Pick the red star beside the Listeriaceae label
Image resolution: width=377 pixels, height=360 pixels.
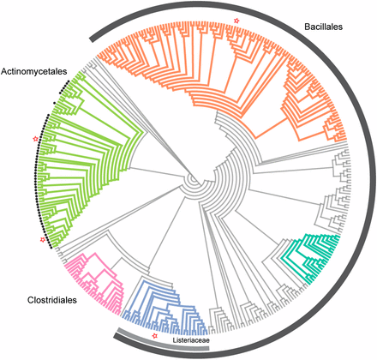click(x=155, y=337)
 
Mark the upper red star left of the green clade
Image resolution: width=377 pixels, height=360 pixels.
click(x=34, y=139)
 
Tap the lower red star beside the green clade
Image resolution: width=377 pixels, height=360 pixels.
click(x=42, y=240)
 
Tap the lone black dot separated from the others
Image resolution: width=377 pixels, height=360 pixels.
click(x=54, y=102)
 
